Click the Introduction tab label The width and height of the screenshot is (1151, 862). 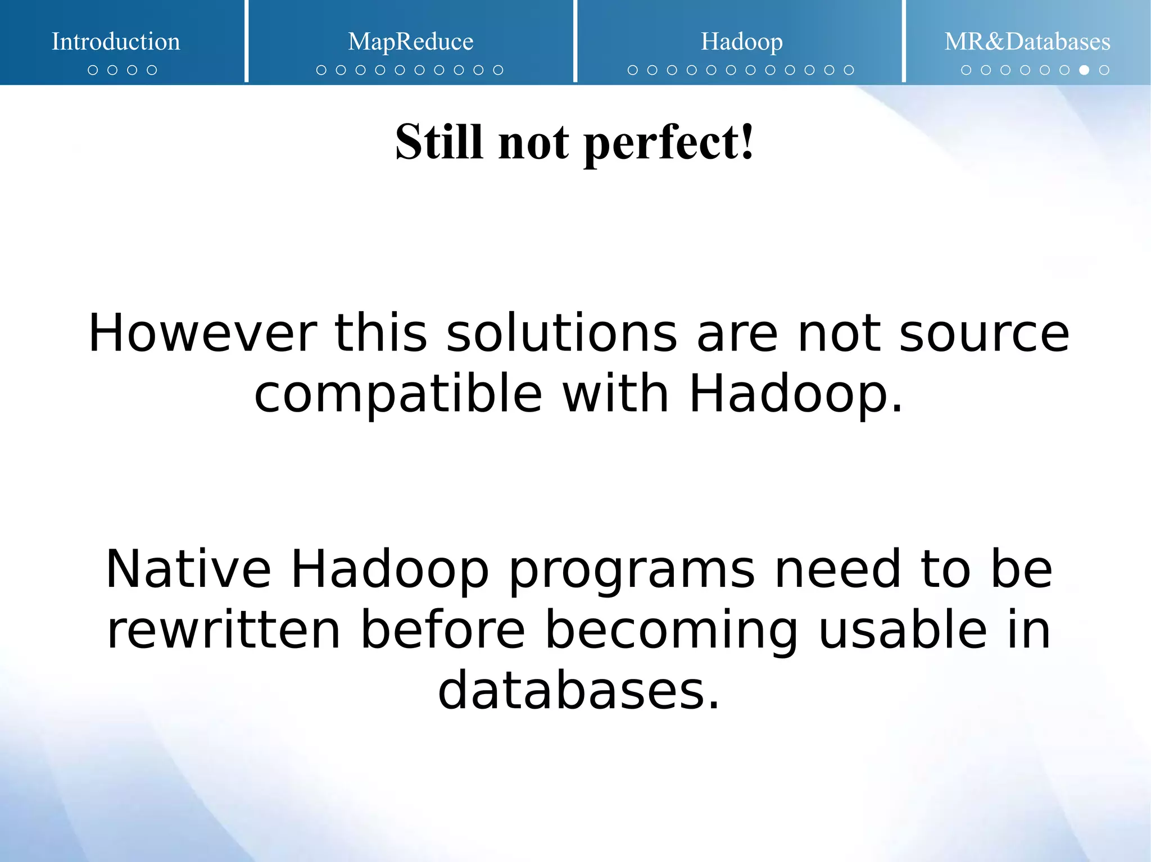[x=116, y=42]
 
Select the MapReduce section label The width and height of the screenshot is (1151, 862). [x=410, y=42]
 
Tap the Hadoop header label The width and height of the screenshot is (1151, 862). [x=741, y=42]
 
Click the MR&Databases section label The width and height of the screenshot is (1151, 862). [x=1027, y=42]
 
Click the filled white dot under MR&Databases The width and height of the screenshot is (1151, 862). [x=1084, y=70]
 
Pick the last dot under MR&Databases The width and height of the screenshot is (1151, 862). [x=1104, y=70]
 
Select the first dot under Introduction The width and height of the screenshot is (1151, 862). [x=93, y=70]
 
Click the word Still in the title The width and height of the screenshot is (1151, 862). [x=439, y=142]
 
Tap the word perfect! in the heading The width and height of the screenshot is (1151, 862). [x=669, y=143]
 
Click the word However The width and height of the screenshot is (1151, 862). [x=202, y=334]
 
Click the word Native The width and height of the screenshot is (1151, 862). [x=188, y=569]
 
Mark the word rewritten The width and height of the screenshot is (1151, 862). [x=224, y=630]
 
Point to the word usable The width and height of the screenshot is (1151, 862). [x=902, y=630]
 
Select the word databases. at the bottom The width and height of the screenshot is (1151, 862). [x=578, y=691]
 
